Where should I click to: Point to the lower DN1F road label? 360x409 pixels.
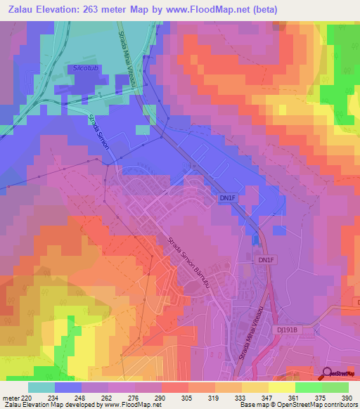point(265,260)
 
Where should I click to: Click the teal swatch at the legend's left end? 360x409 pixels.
point(41,387)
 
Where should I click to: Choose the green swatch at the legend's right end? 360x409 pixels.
point(335,387)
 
